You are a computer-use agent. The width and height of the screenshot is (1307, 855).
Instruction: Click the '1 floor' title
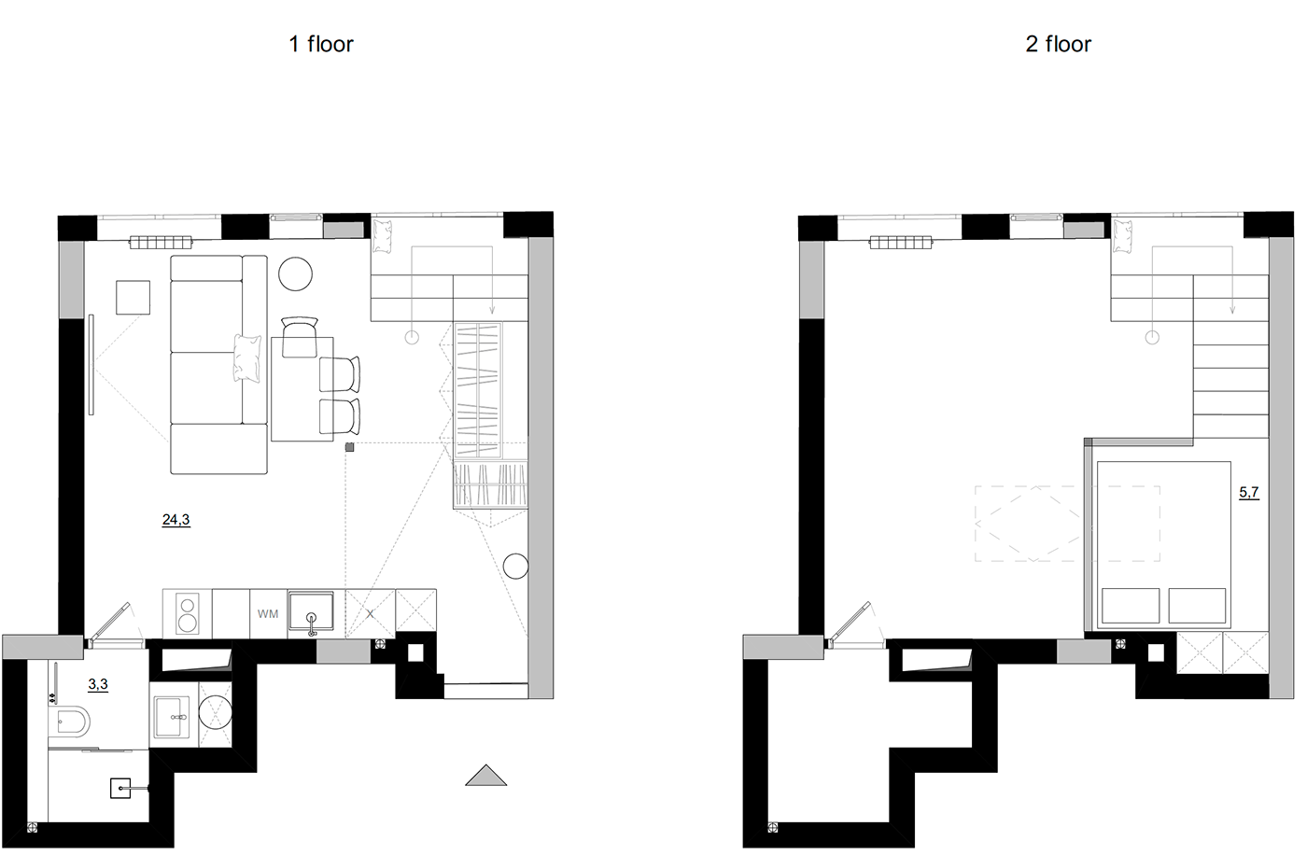pos(321,44)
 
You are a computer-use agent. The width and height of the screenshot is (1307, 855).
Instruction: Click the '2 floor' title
pos(1058,44)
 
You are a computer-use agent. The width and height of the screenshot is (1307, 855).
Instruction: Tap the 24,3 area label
pos(176,520)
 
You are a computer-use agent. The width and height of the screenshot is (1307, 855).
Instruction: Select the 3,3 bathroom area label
pos(98,684)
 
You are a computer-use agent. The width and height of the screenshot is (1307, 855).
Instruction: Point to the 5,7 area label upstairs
pos(1248,492)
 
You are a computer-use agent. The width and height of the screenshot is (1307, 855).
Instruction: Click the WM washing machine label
pos(268,614)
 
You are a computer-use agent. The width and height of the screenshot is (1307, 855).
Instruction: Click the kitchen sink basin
pos(312,613)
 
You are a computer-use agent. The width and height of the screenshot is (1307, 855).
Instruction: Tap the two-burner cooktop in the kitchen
pos(188,613)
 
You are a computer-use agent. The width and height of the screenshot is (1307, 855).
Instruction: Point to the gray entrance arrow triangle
pos(485,775)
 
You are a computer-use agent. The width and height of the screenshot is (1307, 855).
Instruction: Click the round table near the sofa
pos(296,273)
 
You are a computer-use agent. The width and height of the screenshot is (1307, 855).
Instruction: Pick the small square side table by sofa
pos(133,297)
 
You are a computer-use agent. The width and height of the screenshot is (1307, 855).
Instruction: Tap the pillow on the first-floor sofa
pos(246,357)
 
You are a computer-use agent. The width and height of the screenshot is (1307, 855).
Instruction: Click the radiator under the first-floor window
pos(160,242)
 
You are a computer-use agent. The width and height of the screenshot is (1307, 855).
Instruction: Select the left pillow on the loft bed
pos(1131,606)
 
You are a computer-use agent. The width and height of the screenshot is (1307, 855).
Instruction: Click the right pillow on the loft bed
pos(1197,606)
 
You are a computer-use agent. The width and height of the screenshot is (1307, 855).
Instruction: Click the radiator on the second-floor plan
pos(901,243)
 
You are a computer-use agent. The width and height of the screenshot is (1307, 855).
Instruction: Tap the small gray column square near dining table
pos(350,448)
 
